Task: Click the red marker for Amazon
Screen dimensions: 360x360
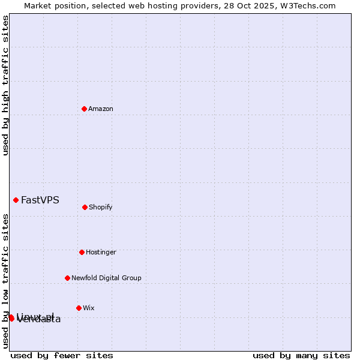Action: click(84, 109)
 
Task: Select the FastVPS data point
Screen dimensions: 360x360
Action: click(16, 200)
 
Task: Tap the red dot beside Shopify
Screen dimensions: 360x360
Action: click(85, 207)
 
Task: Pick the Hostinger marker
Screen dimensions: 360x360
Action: click(82, 252)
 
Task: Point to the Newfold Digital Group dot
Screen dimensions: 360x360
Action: click(67, 278)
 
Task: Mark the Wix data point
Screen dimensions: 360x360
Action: click(79, 308)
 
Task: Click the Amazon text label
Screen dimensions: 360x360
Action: click(101, 109)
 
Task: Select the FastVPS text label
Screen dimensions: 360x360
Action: click(40, 200)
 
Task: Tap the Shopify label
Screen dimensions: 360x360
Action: click(101, 207)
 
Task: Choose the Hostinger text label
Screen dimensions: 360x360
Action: click(101, 252)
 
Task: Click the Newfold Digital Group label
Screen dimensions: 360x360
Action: click(106, 278)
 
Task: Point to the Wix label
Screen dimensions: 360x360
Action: click(89, 308)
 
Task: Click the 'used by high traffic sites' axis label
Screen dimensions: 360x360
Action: click(5, 85)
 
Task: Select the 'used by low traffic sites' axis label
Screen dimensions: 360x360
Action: click(5, 280)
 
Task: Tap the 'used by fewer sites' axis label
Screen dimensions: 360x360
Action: click(62, 355)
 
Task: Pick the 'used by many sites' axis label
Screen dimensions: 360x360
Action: click(301, 355)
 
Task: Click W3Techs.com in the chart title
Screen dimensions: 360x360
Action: click(306, 5)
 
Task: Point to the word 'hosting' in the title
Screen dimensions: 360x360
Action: click(157, 5)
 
